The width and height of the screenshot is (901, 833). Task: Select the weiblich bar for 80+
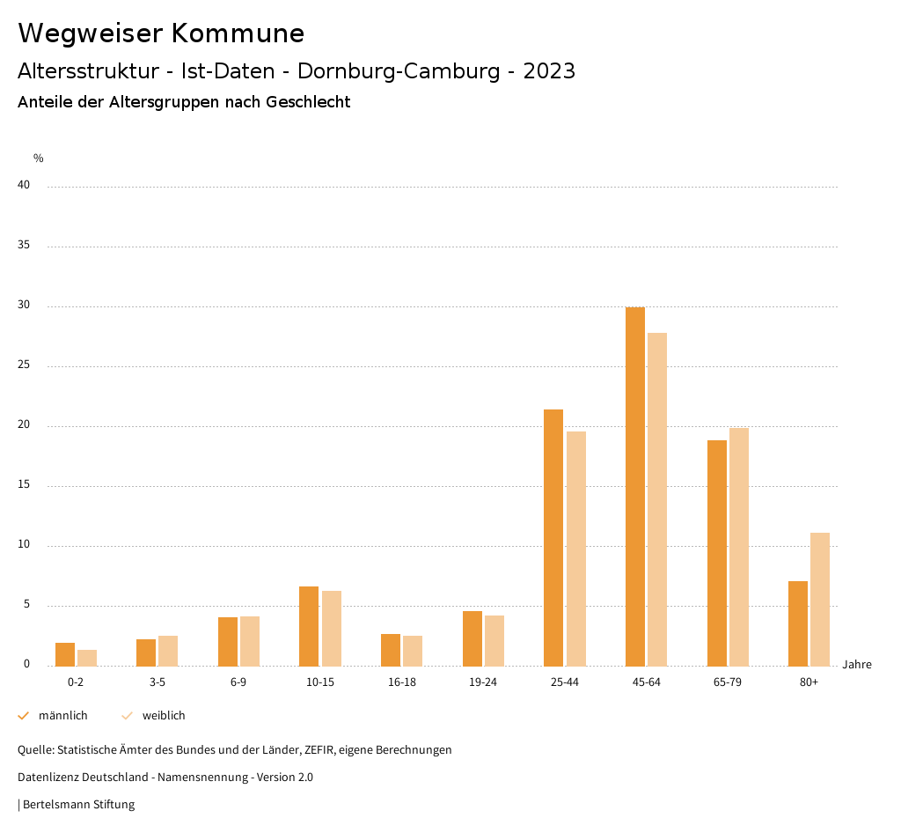[820, 600]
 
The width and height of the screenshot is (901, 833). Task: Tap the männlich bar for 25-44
[553, 538]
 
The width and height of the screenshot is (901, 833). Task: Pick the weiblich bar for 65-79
[739, 547]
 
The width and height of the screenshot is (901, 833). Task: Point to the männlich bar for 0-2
[65, 655]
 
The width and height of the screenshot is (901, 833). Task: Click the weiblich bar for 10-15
[332, 629]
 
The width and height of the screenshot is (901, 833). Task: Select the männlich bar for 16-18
[391, 650]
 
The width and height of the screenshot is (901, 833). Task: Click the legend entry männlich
[62, 716]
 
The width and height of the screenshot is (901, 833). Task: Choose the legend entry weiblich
[164, 716]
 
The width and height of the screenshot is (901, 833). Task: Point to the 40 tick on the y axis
[24, 186]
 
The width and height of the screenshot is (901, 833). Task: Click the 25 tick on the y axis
[24, 365]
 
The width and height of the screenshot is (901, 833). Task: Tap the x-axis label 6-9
[238, 683]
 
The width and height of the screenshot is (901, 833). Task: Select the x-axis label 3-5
[157, 683]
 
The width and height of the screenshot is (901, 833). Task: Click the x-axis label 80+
[809, 683]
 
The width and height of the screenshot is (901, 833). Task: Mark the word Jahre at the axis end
[857, 665]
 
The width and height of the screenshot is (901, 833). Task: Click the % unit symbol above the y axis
[39, 158]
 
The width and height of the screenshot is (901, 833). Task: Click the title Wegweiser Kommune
[161, 33]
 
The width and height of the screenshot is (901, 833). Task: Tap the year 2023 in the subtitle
[549, 71]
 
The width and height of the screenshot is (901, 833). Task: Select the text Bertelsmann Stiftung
[78, 805]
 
